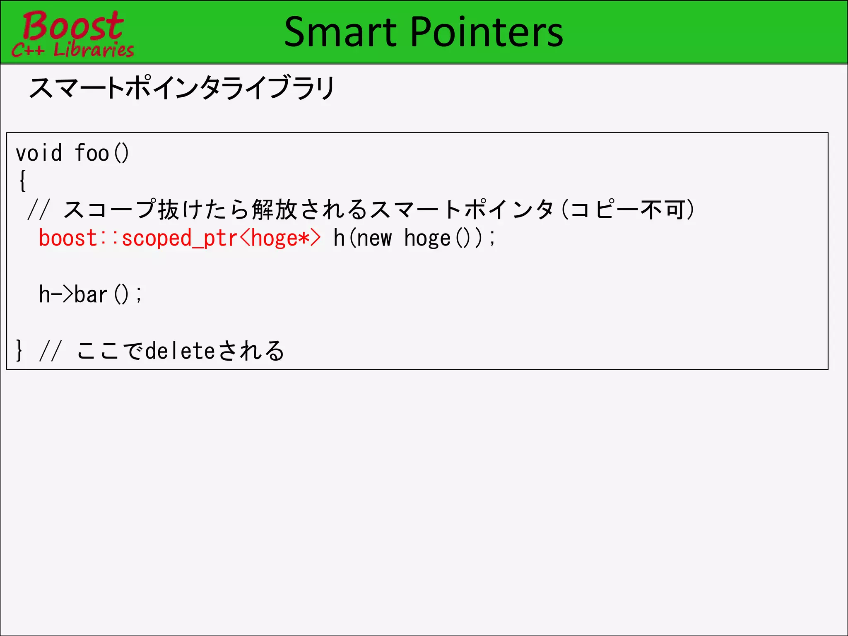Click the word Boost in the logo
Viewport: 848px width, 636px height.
73,26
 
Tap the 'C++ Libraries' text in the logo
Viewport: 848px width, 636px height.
73,50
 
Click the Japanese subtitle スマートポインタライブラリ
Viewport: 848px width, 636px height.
182,88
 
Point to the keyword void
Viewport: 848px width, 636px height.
39,153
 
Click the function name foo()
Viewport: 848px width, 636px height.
102,153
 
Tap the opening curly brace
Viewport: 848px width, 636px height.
23,181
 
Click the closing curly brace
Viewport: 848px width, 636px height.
19,350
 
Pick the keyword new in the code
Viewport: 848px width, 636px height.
374,238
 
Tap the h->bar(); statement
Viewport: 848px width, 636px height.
90,294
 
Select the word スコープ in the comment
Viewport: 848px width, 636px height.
110,210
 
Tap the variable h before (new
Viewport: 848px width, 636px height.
339,238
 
